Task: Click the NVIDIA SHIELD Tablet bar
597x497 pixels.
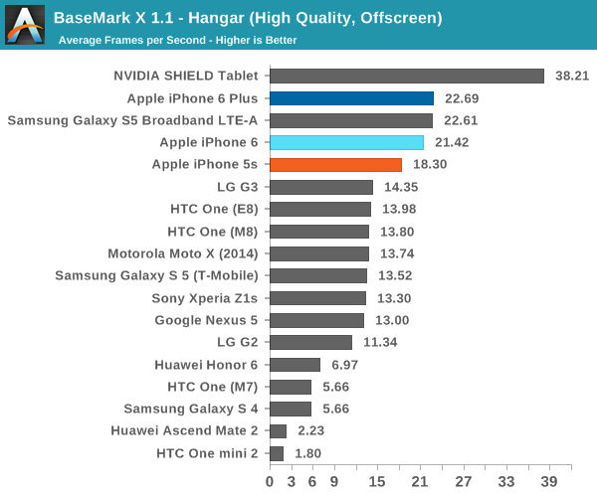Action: pyautogui.click(x=406, y=76)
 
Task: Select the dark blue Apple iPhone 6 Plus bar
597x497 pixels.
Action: pyautogui.click(x=351, y=98)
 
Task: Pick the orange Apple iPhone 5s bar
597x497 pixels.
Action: pyautogui.click(x=335, y=165)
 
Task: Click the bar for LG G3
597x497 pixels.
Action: pyautogui.click(x=320, y=187)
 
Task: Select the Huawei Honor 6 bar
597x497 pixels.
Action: pyautogui.click(x=295, y=365)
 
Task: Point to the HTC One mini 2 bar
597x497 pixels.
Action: pyautogui.click(x=276, y=453)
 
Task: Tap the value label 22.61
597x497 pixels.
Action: pyautogui.click(x=459, y=120)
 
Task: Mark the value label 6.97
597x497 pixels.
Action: pyautogui.click(x=342, y=365)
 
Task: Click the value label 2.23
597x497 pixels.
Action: pyautogui.click(x=309, y=431)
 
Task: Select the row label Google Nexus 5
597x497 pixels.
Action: pyautogui.click(x=206, y=320)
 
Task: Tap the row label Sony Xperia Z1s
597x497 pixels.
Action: pyautogui.click(x=205, y=298)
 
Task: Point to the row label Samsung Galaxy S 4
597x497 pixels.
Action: pyautogui.click(x=191, y=409)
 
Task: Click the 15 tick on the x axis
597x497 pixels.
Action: pyautogui.click(x=377, y=482)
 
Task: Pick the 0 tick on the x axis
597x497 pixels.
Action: pyautogui.click(x=270, y=482)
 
